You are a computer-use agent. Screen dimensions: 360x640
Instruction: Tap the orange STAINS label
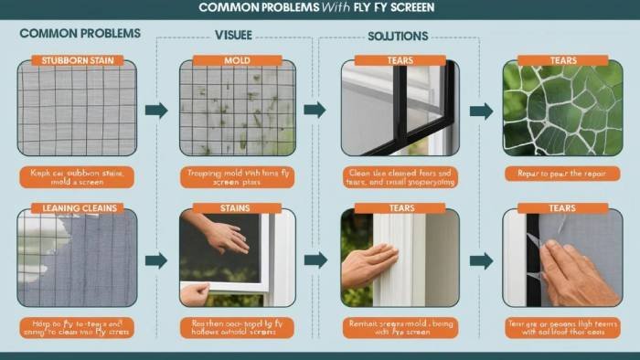coord(236,208)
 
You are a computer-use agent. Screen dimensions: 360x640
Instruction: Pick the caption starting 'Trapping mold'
coord(236,176)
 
